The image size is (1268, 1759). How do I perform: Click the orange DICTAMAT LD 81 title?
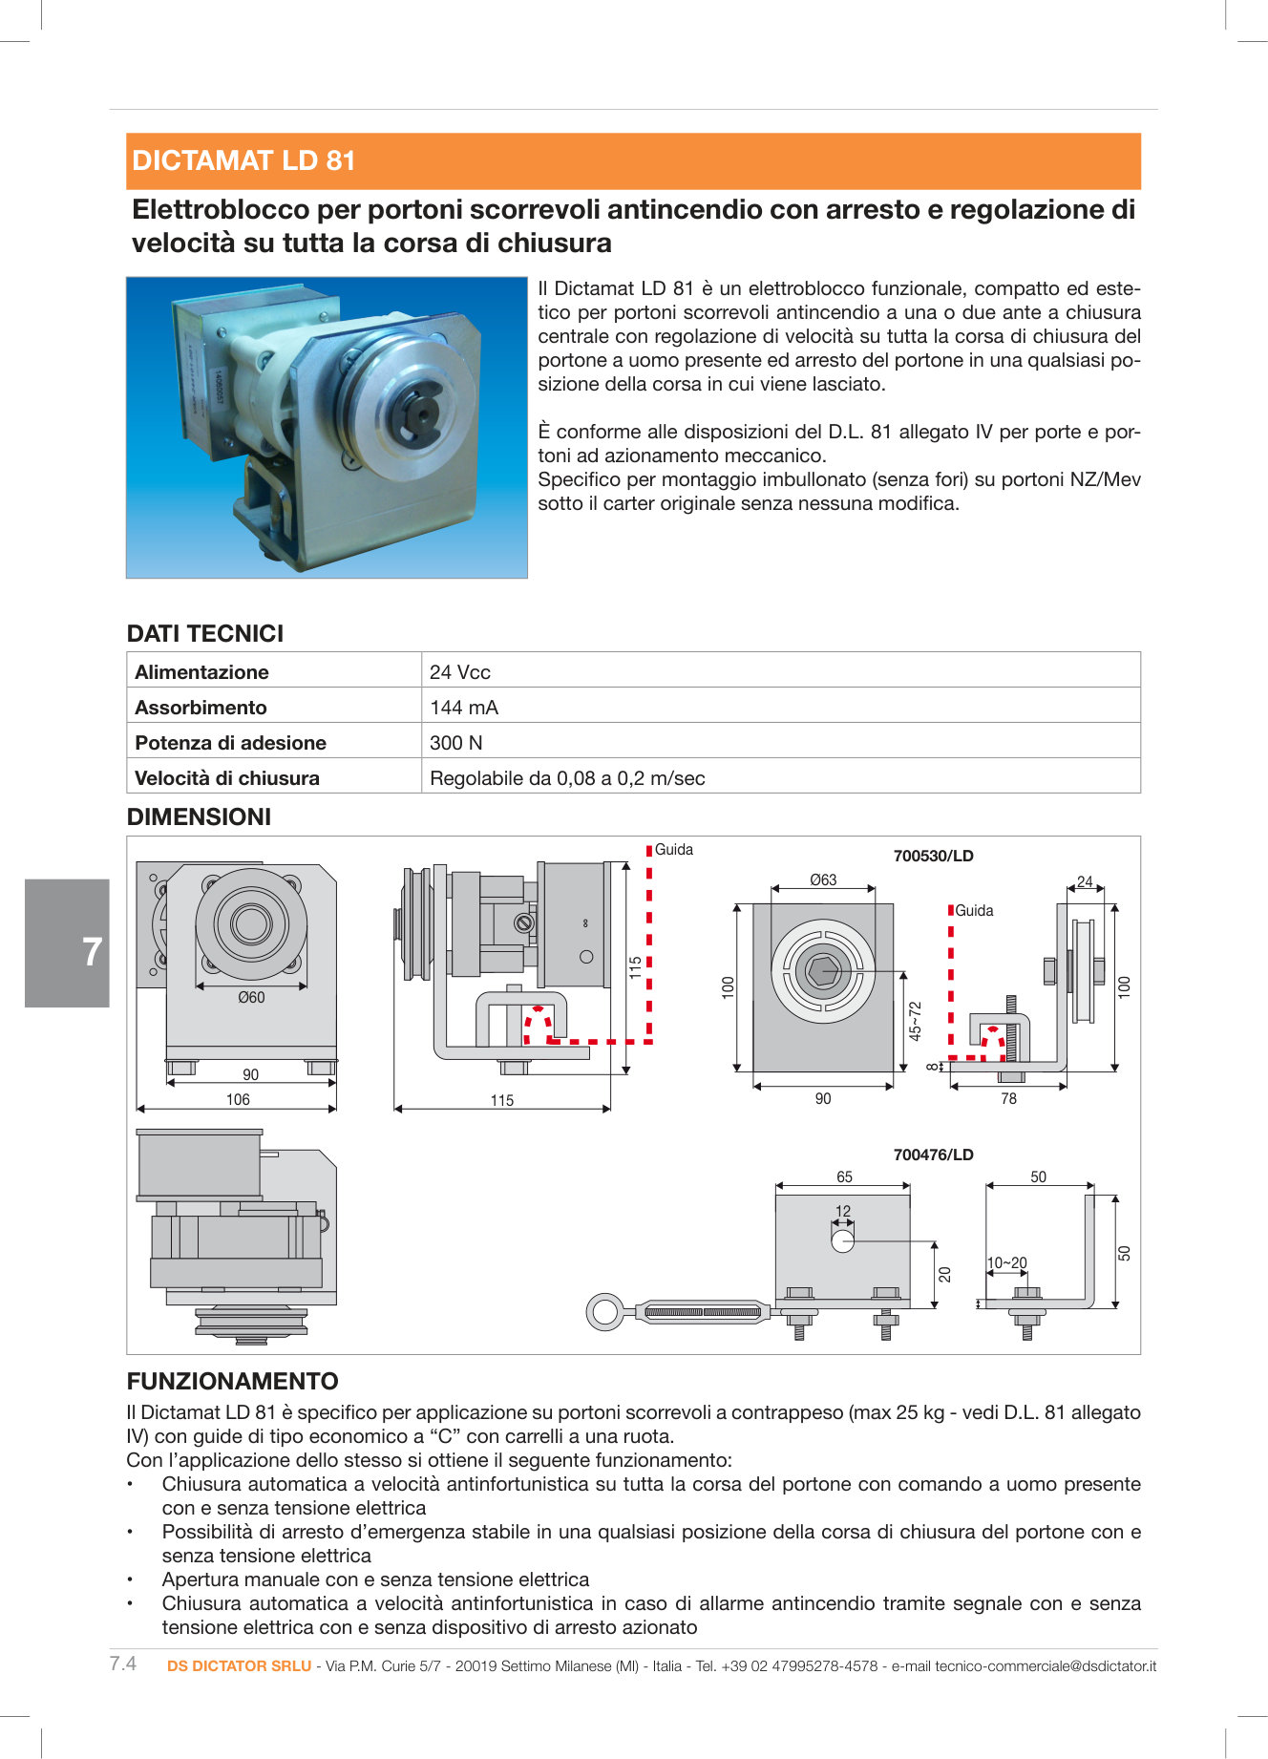[x=243, y=160]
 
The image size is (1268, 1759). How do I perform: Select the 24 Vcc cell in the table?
[x=460, y=671]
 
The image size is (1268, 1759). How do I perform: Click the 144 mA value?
[x=464, y=707]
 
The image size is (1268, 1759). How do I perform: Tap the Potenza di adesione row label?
[x=230, y=742]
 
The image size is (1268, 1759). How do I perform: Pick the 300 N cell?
[x=456, y=742]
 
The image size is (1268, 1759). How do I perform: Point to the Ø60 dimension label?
[x=251, y=997]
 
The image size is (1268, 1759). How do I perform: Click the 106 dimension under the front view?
[x=238, y=1099]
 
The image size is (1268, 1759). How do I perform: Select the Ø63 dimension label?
[x=822, y=879]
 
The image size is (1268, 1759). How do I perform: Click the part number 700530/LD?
[x=933, y=856]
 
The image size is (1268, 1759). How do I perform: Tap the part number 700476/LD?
[x=933, y=1155]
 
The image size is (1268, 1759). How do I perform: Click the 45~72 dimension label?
[x=915, y=1021]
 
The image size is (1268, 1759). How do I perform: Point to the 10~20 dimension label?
[x=1006, y=1262]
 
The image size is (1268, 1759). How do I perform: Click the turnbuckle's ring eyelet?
[x=604, y=1311]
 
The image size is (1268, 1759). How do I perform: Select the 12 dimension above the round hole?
[x=842, y=1211]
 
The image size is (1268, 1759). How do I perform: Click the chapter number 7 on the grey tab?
[x=92, y=952]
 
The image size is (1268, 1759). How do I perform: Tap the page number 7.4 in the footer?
[x=123, y=1664]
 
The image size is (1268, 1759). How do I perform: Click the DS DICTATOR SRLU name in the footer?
[x=239, y=1665]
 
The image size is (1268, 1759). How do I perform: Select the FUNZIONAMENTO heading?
[x=232, y=1381]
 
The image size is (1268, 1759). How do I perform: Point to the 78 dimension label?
[x=1008, y=1099]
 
